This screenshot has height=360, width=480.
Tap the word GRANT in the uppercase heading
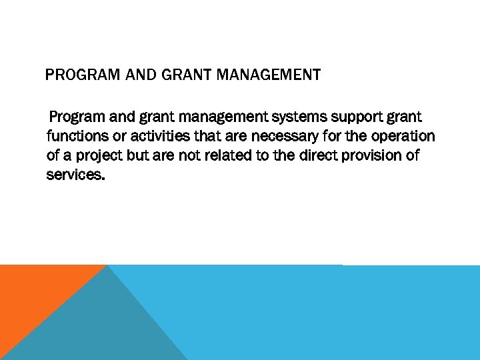pyautogui.click(x=188, y=75)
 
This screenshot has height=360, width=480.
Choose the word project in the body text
pyautogui.click(x=101, y=156)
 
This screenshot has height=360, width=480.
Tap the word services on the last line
pyautogui.click(x=75, y=175)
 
